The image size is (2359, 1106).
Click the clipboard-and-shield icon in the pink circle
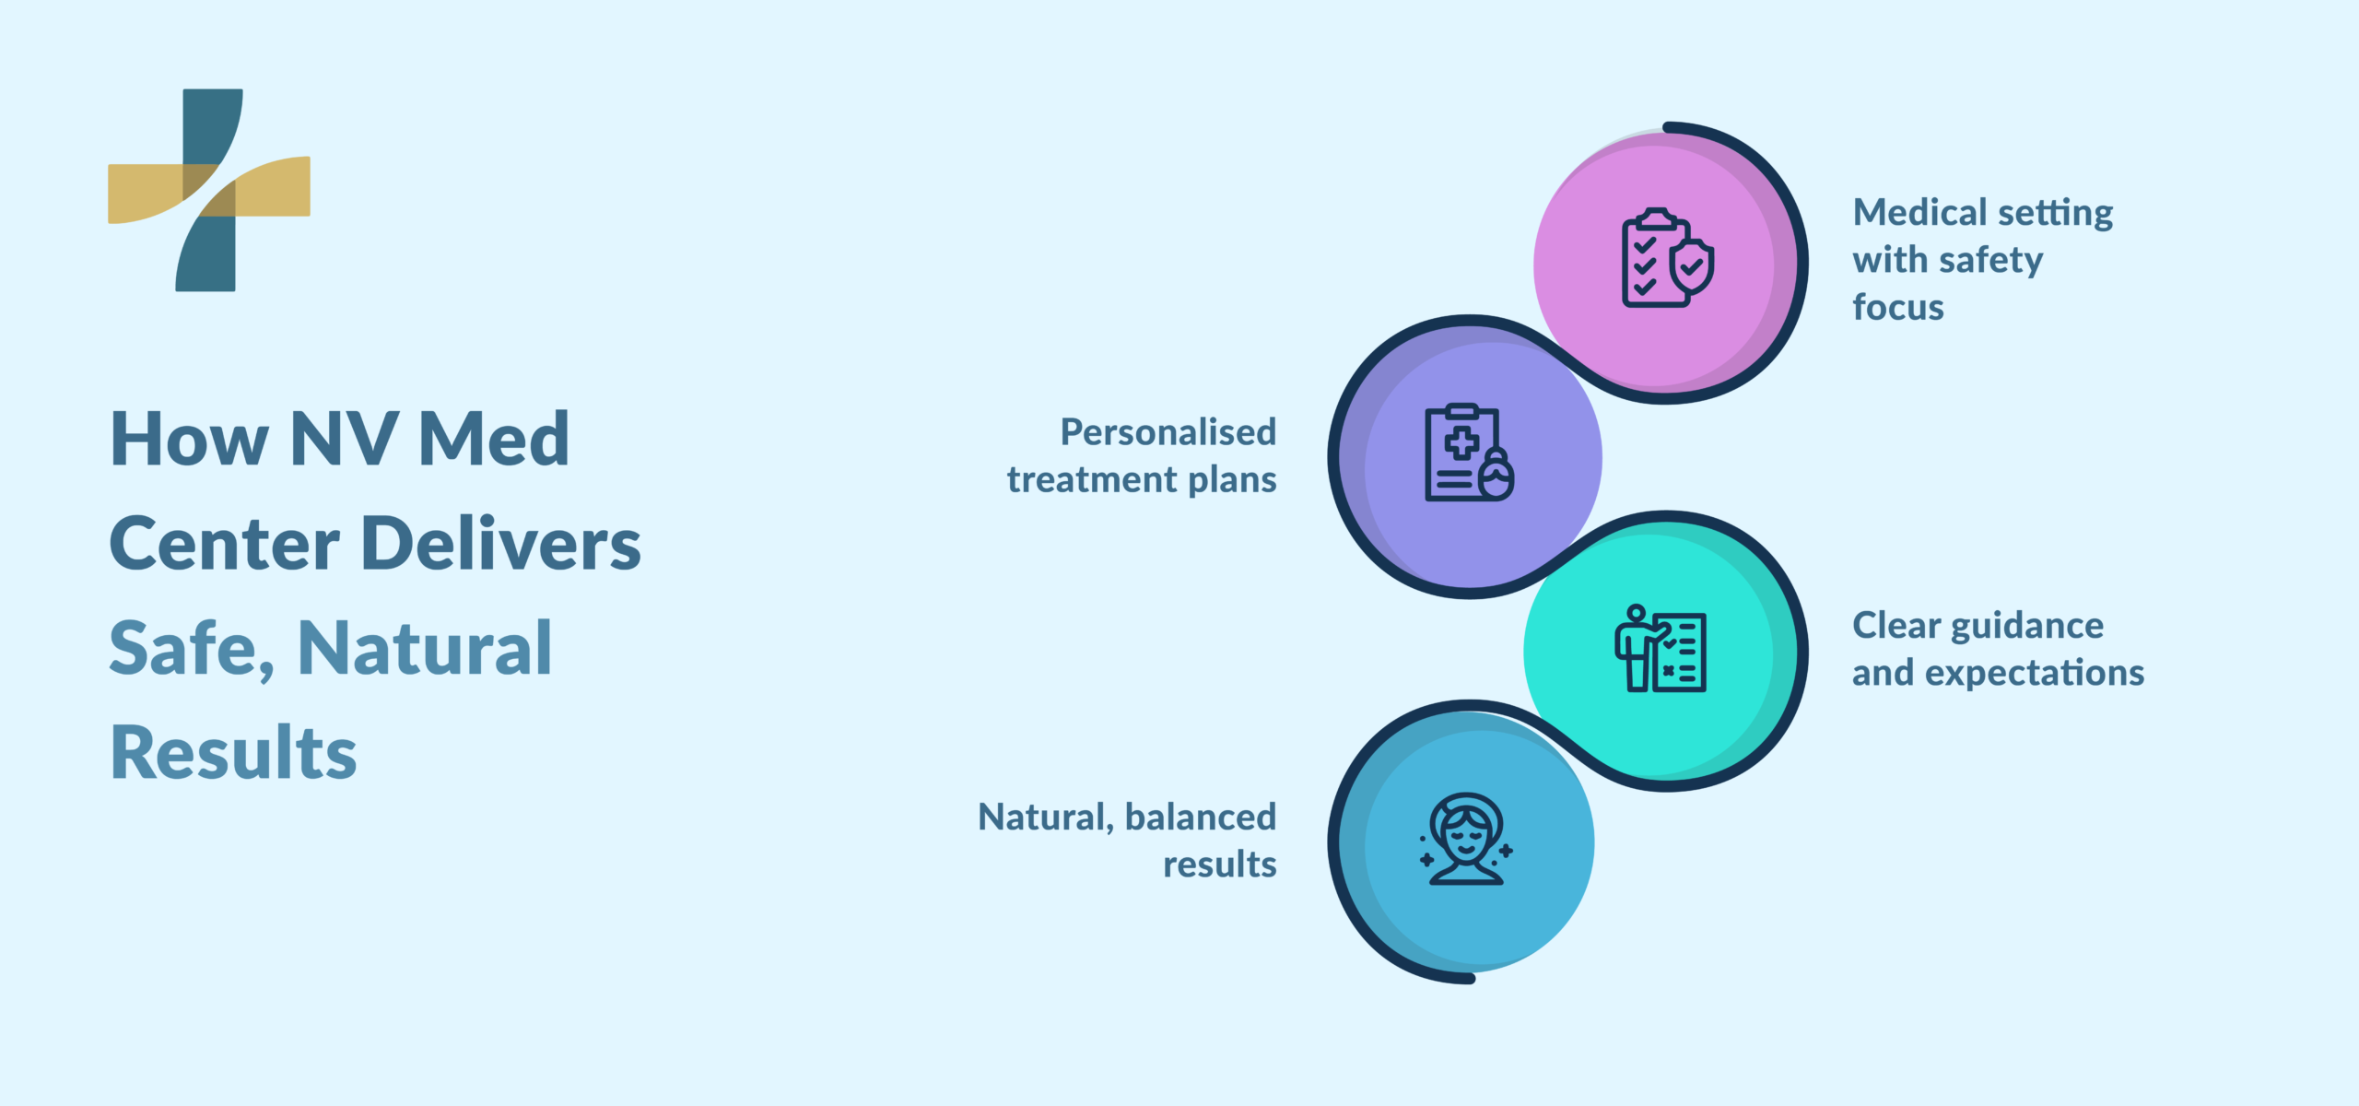[1666, 258]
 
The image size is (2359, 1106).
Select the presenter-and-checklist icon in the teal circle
[1661, 649]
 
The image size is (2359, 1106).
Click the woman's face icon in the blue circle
[1465, 840]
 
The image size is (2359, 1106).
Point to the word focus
[1897, 308]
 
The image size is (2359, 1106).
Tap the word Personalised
[1168, 432]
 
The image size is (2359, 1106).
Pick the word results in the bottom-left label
[1219, 865]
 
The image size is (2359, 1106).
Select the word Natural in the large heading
[425, 649]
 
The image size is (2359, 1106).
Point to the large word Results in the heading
[233, 754]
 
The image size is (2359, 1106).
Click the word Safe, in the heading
[192, 649]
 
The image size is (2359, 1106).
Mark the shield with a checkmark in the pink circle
[1693, 267]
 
